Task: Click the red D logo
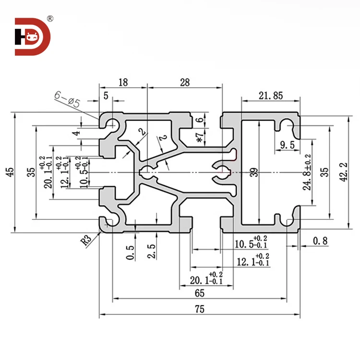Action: tap(32, 37)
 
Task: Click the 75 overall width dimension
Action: tap(200, 309)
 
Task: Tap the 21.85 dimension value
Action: tap(271, 96)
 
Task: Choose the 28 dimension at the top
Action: tap(184, 83)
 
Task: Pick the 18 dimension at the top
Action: tap(123, 83)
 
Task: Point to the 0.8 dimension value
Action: tap(320, 241)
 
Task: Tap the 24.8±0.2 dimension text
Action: tap(308, 171)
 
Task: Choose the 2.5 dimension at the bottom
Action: tap(152, 252)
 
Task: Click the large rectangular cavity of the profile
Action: tap(269, 171)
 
